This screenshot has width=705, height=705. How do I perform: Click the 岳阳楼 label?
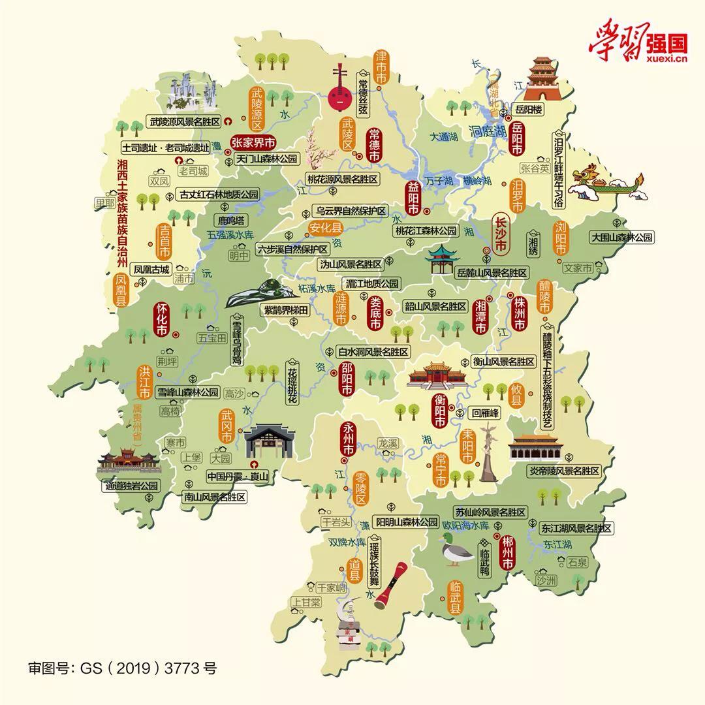pyautogui.click(x=527, y=110)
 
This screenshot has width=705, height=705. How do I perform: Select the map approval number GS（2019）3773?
pyautogui.click(x=122, y=668)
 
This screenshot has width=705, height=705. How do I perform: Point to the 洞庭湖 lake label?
pyautogui.click(x=488, y=131)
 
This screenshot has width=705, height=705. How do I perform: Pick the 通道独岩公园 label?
pyautogui.click(x=131, y=486)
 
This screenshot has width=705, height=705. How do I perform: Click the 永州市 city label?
pyautogui.click(x=348, y=439)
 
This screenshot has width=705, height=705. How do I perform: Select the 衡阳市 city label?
pyautogui.click(x=439, y=410)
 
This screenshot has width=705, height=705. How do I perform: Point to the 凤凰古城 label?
pyautogui.click(x=151, y=269)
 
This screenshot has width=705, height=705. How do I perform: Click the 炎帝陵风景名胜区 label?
pyautogui.click(x=564, y=471)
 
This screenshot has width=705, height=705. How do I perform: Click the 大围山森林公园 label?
pyautogui.click(x=621, y=238)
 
